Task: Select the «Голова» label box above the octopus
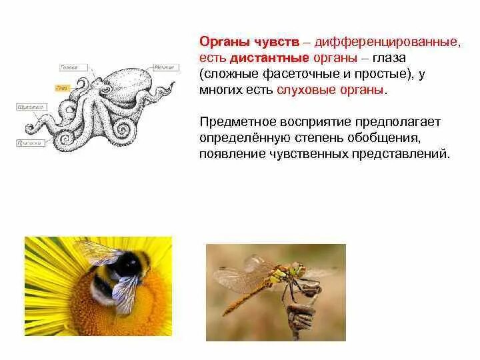click(x=69, y=67)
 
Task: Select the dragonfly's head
click(x=296, y=271)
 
